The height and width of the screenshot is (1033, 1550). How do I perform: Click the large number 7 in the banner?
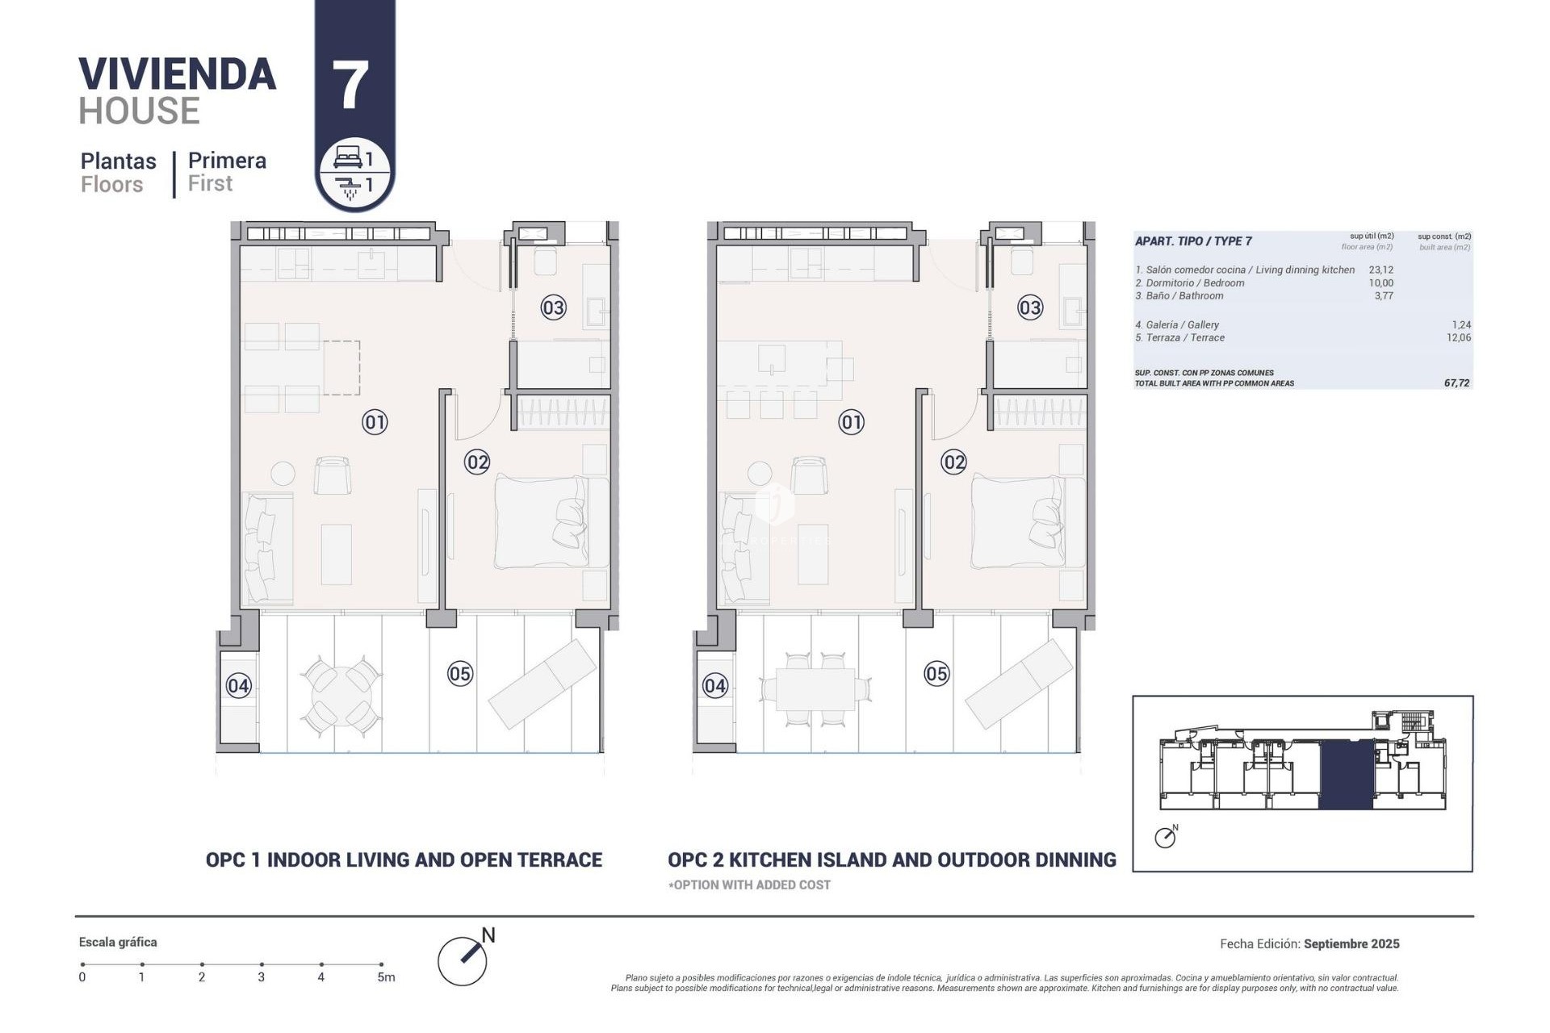[x=350, y=86]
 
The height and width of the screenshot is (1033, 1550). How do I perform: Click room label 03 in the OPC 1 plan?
[x=553, y=307]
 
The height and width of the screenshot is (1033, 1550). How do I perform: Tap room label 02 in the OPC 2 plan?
[x=953, y=462]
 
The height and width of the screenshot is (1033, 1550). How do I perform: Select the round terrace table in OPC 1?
[x=342, y=695]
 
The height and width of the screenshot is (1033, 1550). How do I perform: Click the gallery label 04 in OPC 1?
[x=238, y=686]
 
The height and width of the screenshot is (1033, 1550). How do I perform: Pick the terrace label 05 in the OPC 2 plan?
[x=936, y=674]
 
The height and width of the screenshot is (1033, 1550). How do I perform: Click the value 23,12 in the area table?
[x=1380, y=270]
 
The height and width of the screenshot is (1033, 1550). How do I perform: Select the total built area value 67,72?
[x=1456, y=383]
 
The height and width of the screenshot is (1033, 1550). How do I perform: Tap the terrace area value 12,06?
[x=1458, y=338]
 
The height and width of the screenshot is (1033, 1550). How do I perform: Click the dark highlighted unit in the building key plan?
[x=1346, y=775]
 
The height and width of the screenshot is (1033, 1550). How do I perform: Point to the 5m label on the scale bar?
[x=386, y=977]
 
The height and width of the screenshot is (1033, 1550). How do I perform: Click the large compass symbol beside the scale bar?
[x=463, y=961]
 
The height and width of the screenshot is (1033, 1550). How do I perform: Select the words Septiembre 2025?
[x=1351, y=943]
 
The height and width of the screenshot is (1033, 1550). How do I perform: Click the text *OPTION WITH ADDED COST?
[x=749, y=885]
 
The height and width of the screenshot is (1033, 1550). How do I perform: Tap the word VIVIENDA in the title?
[x=178, y=74]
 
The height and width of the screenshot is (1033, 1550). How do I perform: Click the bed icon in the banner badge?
[x=347, y=157]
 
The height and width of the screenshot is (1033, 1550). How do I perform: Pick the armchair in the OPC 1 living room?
[x=332, y=475]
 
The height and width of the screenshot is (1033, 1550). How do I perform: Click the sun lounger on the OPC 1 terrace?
[x=543, y=683]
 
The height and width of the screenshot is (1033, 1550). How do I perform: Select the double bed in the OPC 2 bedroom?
[x=1027, y=521]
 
